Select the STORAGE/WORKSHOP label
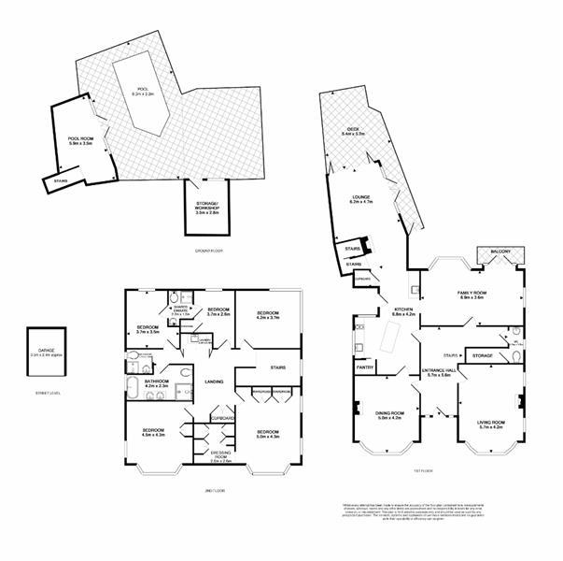(x=206, y=207)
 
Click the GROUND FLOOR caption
(x=206, y=252)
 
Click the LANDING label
(x=213, y=381)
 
